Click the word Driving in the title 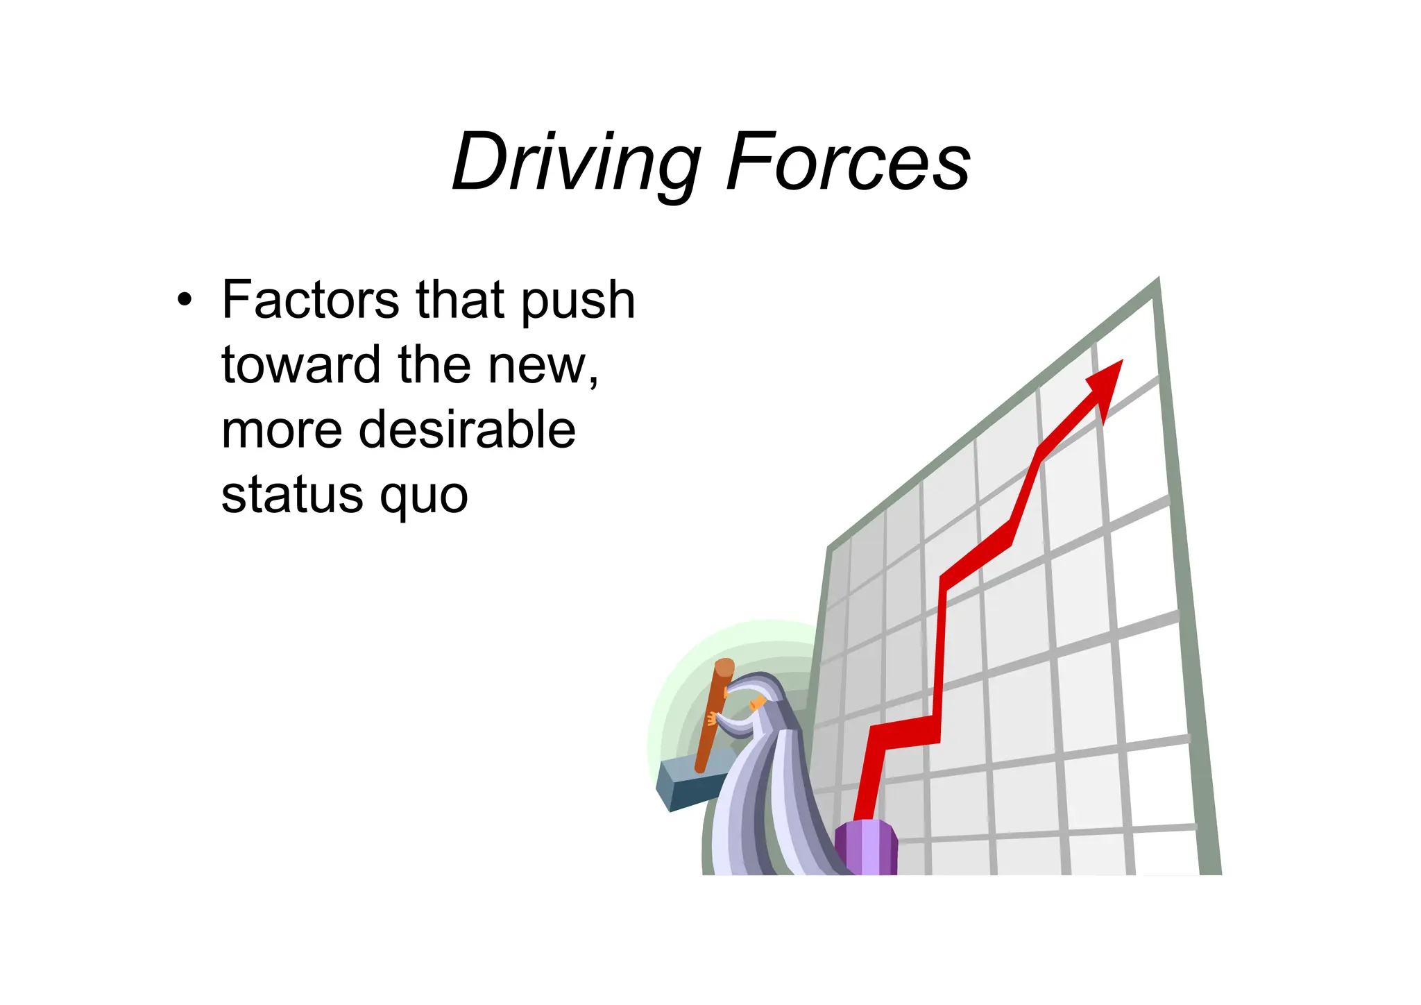[x=576, y=163]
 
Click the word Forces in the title [x=848, y=163]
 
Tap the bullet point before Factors [x=184, y=301]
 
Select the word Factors [x=310, y=301]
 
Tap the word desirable [x=467, y=430]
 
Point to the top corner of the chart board [x=1157, y=281]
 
